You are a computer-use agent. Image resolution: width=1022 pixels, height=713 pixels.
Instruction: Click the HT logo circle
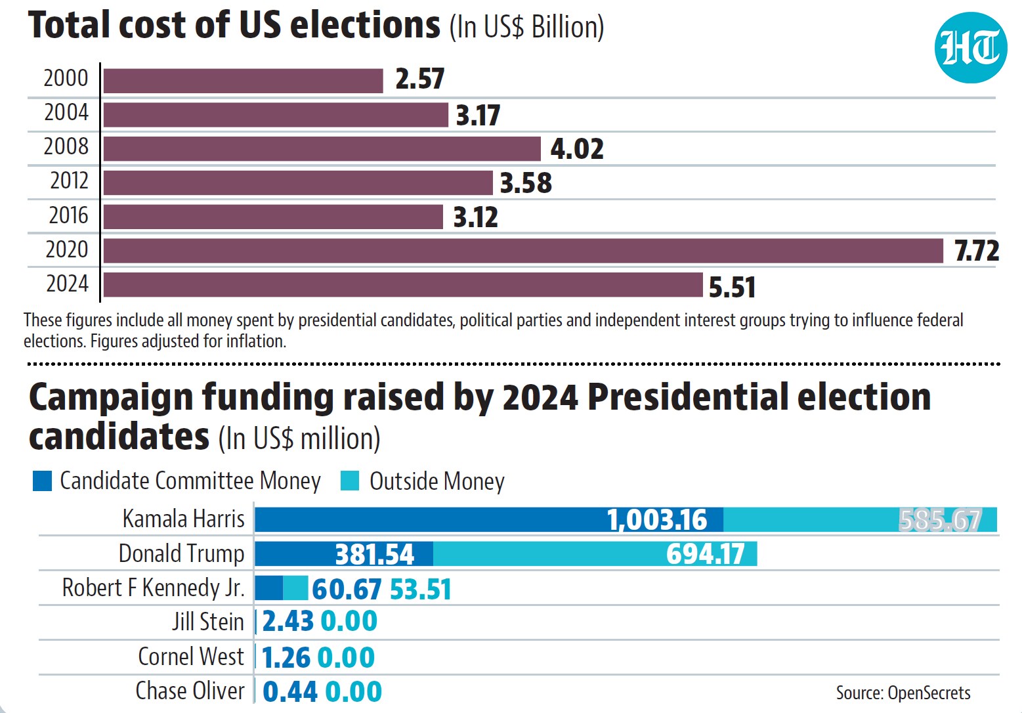click(x=970, y=47)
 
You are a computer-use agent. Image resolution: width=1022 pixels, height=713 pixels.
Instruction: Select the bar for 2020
click(x=523, y=251)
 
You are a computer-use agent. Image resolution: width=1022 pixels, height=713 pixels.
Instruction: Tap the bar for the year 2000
click(x=243, y=81)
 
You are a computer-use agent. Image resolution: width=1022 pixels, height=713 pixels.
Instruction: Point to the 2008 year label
click(x=66, y=146)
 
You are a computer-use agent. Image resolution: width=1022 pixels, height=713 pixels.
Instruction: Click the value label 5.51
click(x=733, y=288)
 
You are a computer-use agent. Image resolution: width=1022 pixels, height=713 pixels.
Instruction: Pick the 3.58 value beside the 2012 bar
click(x=526, y=183)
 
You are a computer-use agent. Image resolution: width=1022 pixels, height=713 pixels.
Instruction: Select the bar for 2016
click(x=273, y=217)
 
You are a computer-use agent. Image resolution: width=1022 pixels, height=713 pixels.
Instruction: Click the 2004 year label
click(x=66, y=112)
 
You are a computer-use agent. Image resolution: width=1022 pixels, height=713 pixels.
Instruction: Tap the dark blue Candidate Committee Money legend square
click(x=43, y=481)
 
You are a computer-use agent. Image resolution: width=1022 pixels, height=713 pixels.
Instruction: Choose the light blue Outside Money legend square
click(x=350, y=481)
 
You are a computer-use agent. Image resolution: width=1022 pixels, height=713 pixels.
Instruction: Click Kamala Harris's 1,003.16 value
click(x=657, y=520)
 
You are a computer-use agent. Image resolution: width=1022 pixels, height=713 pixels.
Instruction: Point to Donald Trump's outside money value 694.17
click(x=706, y=554)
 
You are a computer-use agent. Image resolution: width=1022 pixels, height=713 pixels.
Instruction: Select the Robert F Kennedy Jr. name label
click(x=154, y=588)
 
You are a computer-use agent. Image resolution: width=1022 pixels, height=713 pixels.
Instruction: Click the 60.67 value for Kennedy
click(x=347, y=589)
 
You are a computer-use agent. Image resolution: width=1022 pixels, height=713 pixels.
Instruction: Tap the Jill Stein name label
click(x=208, y=622)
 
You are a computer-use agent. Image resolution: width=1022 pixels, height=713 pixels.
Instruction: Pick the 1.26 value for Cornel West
click(x=286, y=658)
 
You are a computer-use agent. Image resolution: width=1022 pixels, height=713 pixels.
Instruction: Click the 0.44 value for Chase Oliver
click(x=290, y=691)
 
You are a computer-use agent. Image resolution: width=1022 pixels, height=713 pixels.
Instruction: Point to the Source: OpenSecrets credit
click(x=903, y=693)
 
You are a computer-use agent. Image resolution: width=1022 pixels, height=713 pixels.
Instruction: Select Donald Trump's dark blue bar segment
click(x=344, y=554)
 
